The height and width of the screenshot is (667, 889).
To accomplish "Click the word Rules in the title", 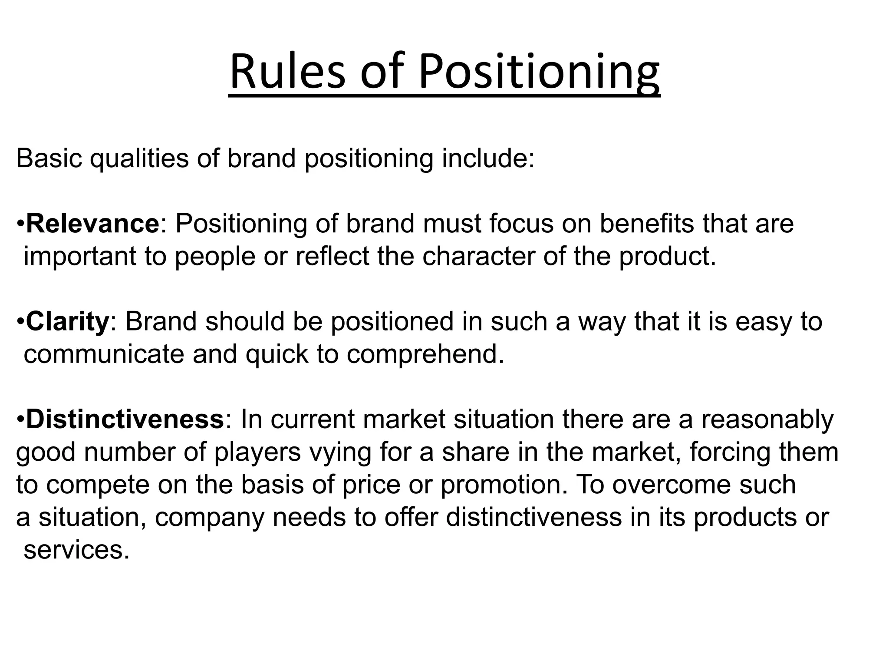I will (x=287, y=71).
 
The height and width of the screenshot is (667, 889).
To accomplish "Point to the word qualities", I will (x=139, y=159).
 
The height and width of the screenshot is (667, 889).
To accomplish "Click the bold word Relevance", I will (x=92, y=224).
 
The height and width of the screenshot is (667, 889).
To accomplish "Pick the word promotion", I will (x=504, y=485).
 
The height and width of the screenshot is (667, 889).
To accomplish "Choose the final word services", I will (x=76, y=550).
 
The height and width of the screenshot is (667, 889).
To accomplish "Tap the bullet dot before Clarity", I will (x=20, y=322).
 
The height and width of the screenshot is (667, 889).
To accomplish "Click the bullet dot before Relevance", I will (x=20, y=225).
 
